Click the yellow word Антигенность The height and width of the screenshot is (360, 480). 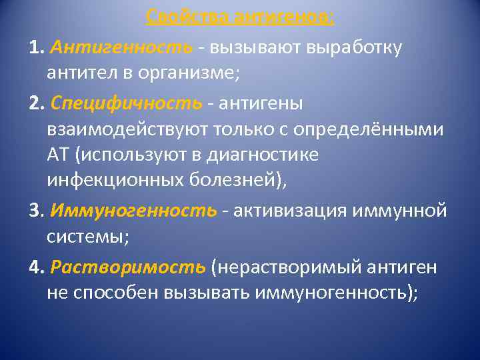pos(121,48)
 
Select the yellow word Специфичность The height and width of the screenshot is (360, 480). pos(125,104)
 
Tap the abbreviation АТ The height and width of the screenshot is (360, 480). pos(59,155)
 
